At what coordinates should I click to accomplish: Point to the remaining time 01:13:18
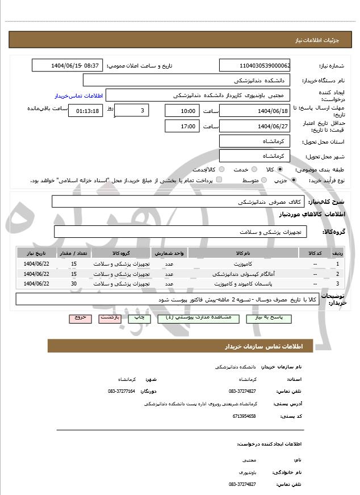coord(86,111)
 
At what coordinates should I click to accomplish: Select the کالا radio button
coord(279,169)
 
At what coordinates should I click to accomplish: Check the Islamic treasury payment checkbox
coord(219,181)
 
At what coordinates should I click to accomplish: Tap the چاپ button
coord(139,318)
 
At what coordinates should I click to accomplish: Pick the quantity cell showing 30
coord(74,283)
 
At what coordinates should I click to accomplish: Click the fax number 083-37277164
coord(122,391)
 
